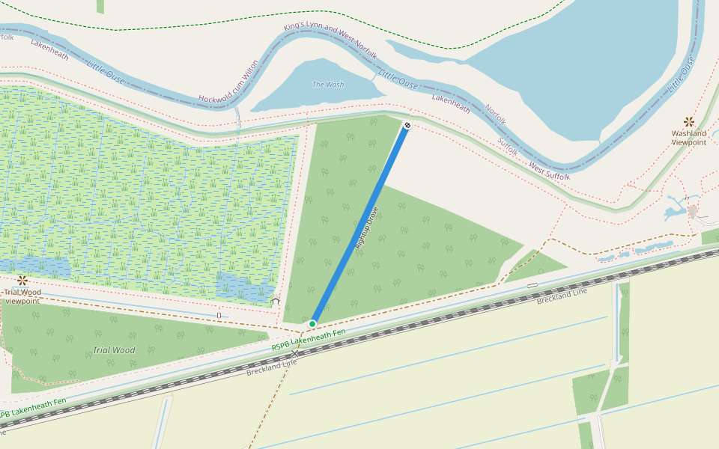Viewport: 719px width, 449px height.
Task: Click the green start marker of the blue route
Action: pos(312,323)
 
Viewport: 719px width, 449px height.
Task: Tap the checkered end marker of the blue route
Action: pos(407,125)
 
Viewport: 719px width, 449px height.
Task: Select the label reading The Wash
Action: pos(328,85)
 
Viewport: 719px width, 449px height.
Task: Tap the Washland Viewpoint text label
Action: pos(688,138)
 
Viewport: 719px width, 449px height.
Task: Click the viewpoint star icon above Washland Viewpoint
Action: pos(688,121)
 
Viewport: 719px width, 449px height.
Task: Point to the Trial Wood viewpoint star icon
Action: pos(22,281)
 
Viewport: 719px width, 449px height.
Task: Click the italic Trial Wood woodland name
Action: pos(114,349)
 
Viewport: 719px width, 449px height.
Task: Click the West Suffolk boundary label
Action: pos(550,171)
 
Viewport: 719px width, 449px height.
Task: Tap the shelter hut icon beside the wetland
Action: pos(275,301)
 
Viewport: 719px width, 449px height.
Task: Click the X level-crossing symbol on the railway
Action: pos(295,352)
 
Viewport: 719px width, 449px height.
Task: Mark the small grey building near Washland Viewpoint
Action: pos(693,211)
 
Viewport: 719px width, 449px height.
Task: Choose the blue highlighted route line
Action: pos(359,224)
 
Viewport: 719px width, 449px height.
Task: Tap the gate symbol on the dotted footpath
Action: pos(219,315)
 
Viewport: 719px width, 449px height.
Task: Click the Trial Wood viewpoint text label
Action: pos(22,296)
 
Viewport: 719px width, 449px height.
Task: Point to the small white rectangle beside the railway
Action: pos(532,285)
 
